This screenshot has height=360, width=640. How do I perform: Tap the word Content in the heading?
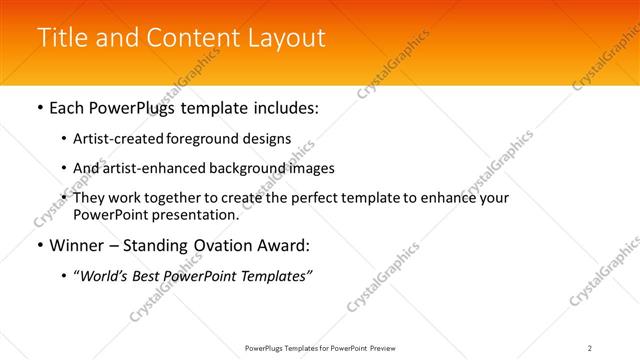(x=191, y=37)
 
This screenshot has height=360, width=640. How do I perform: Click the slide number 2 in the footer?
(x=590, y=347)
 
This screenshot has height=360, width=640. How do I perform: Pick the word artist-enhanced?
(x=146, y=168)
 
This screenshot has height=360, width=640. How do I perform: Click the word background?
(x=244, y=168)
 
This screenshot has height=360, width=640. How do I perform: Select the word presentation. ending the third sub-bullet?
(x=194, y=214)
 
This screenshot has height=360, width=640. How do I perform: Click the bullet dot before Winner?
(x=39, y=245)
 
